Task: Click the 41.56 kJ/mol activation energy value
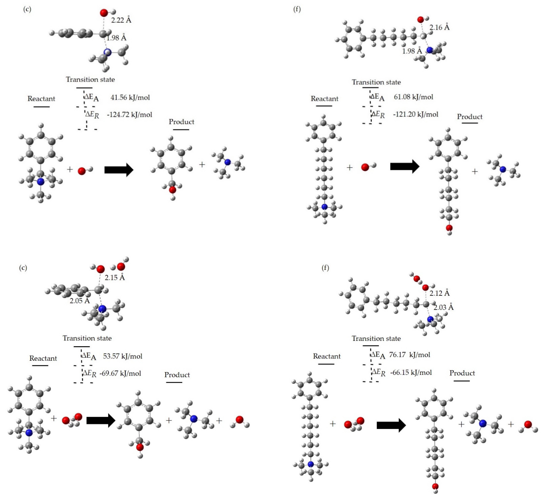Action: point(130,97)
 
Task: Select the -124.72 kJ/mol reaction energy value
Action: point(130,115)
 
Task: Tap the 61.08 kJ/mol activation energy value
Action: point(413,97)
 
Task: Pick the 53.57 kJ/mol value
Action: point(123,356)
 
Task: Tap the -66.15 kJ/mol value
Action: point(411,373)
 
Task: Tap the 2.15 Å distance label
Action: point(115,278)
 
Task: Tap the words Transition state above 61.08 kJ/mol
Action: point(376,82)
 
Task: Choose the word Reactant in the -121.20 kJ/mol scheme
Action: point(324,99)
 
